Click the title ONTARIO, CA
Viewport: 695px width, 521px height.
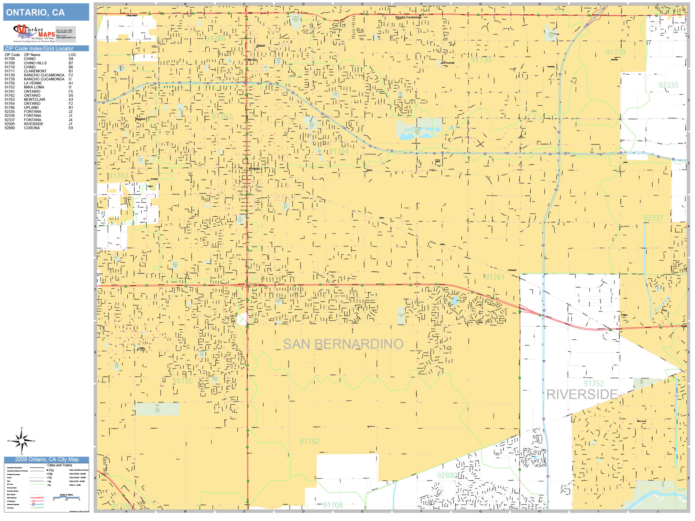pos(35,13)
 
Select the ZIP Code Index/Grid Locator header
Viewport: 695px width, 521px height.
pos(39,48)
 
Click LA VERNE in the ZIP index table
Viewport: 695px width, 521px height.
pos(33,83)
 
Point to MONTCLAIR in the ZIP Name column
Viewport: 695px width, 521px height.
pos(35,99)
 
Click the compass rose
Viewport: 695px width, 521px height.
pos(21,441)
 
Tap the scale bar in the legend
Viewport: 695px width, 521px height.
pos(66,497)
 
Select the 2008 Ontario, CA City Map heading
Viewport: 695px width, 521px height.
pos(47,459)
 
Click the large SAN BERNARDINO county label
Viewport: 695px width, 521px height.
pos(343,344)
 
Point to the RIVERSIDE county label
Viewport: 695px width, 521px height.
pos(582,395)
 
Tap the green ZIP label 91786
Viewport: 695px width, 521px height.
pos(216,39)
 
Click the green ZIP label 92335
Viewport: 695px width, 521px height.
pos(668,85)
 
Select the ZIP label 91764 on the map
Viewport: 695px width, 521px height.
pos(339,151)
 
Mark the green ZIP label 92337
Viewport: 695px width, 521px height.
pos(653,218)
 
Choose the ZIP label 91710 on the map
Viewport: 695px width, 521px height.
pos(183,381)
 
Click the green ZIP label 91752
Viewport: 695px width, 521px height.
pos(594,384)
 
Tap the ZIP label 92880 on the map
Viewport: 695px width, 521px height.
pos(447,475)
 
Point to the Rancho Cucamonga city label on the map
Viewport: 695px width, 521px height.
pos(408,17)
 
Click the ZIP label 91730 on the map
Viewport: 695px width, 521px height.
pos(481,60)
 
